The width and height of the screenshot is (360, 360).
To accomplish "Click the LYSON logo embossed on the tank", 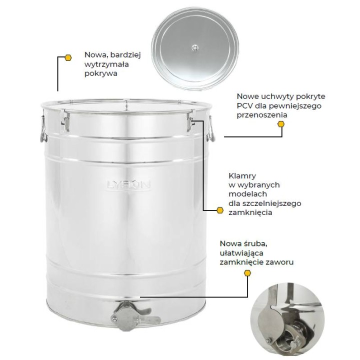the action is [x=128, y=185].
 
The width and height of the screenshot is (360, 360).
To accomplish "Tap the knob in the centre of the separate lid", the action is [x=195, y=48].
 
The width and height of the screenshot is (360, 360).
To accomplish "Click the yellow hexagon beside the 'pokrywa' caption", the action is [x=68, y=57].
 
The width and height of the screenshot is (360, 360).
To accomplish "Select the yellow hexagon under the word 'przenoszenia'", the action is [x=281, y=124].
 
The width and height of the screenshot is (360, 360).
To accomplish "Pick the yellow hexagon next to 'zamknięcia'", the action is [x=220, y=210].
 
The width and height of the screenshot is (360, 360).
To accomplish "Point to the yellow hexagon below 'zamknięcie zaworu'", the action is [x=247, y=273].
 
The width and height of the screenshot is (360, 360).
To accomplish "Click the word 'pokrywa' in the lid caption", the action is [x=101, y=73].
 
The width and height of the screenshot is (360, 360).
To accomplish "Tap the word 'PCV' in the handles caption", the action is [x=244, y=106].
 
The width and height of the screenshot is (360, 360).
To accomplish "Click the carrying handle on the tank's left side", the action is [x=43, y=128].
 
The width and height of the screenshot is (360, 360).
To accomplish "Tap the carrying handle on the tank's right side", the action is [x=211, y=129].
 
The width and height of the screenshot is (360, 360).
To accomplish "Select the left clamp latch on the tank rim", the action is [x=65, y=121].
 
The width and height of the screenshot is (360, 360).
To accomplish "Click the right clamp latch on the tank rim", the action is [x=190, y=121].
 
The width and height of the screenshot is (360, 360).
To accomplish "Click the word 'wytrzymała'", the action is [x=106, y=64].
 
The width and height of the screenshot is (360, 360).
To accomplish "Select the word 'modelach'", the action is [x=247, y=194].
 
